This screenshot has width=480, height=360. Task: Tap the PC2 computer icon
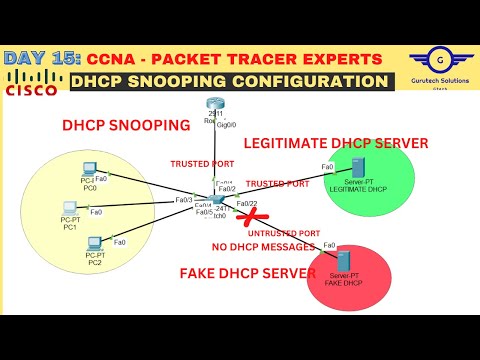(94, 244)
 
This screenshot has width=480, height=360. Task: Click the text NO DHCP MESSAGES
(263, 246)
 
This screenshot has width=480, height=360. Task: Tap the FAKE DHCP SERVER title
(240, 272)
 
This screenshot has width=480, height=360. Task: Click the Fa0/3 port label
(183, 200)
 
